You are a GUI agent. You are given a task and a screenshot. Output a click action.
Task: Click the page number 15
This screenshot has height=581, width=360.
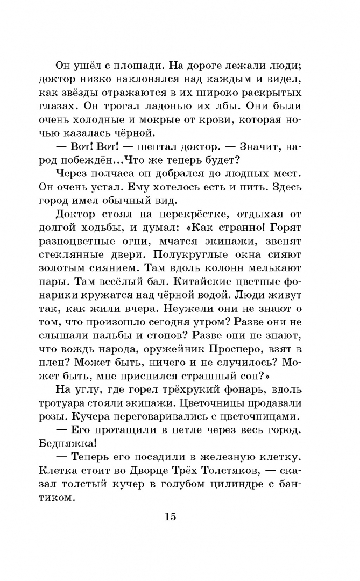pos(170,518)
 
